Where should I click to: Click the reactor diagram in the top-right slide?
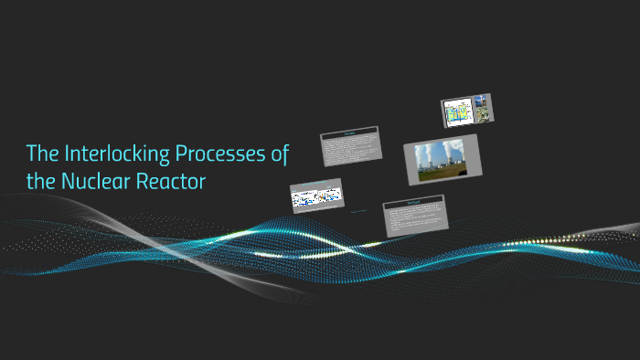(456, 112)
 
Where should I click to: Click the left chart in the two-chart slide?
(304, 196)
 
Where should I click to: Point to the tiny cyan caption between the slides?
(359, 212)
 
